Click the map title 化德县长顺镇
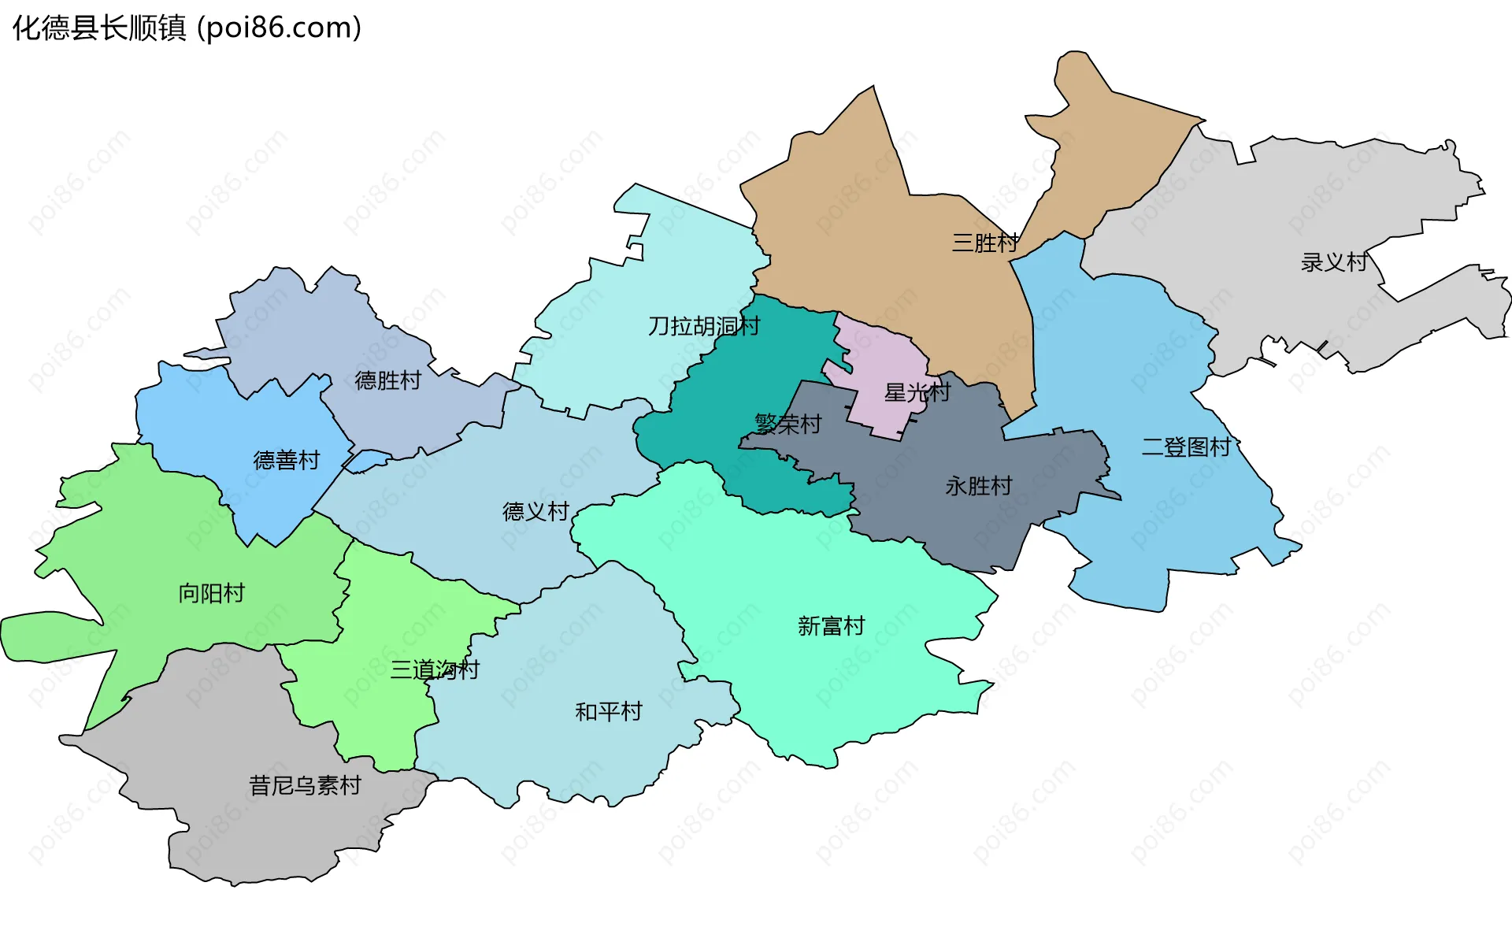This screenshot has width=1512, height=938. point(99,28)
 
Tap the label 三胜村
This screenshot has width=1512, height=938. point(985,243)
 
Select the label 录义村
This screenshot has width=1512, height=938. point(1334,262)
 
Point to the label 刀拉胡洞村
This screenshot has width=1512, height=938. point(704,326)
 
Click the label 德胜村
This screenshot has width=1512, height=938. point(388,380)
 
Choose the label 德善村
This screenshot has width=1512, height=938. point(287,460)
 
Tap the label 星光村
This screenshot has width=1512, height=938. point(917,392)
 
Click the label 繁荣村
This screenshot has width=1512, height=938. point(788,425)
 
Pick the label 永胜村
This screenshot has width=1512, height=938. point(979,486)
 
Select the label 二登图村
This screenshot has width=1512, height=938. point(1187,447)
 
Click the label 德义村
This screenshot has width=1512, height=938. point(536,512)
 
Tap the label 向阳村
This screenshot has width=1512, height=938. point(212,593)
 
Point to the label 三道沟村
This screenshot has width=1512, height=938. point(435,670)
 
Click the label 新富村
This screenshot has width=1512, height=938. point(832,626)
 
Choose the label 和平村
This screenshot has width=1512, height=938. point(609,712)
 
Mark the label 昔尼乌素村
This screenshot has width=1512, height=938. point(305,785)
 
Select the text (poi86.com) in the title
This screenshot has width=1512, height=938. point(280,28)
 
